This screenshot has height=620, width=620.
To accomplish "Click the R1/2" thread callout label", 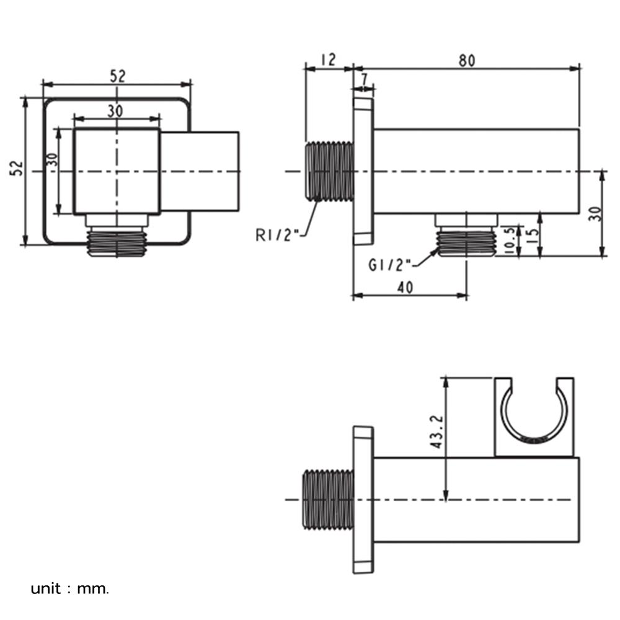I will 277,234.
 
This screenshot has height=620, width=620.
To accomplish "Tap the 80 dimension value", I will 467,60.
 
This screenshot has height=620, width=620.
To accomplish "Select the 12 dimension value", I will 329,60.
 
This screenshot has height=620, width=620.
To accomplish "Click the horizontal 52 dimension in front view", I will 118,76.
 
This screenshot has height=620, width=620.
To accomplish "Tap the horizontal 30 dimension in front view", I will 115,110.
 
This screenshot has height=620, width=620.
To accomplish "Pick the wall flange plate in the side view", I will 363,171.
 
